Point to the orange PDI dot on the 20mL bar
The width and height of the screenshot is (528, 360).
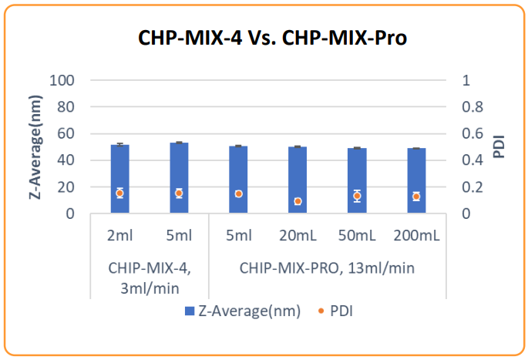(x=298, y=201)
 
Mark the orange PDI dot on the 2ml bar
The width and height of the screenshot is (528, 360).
(x=119, y=193)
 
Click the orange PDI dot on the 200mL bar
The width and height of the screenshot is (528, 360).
(x=416, y=196)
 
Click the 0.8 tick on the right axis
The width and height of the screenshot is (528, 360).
(x=471, y=107)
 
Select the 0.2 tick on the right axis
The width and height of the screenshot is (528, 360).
(x=471, y=187)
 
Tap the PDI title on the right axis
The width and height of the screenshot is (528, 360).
(x=499, y=146)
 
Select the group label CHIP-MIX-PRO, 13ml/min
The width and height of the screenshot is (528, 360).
(x=328, y=268)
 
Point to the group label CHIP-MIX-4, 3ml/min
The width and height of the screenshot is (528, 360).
(x=150, y=278)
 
